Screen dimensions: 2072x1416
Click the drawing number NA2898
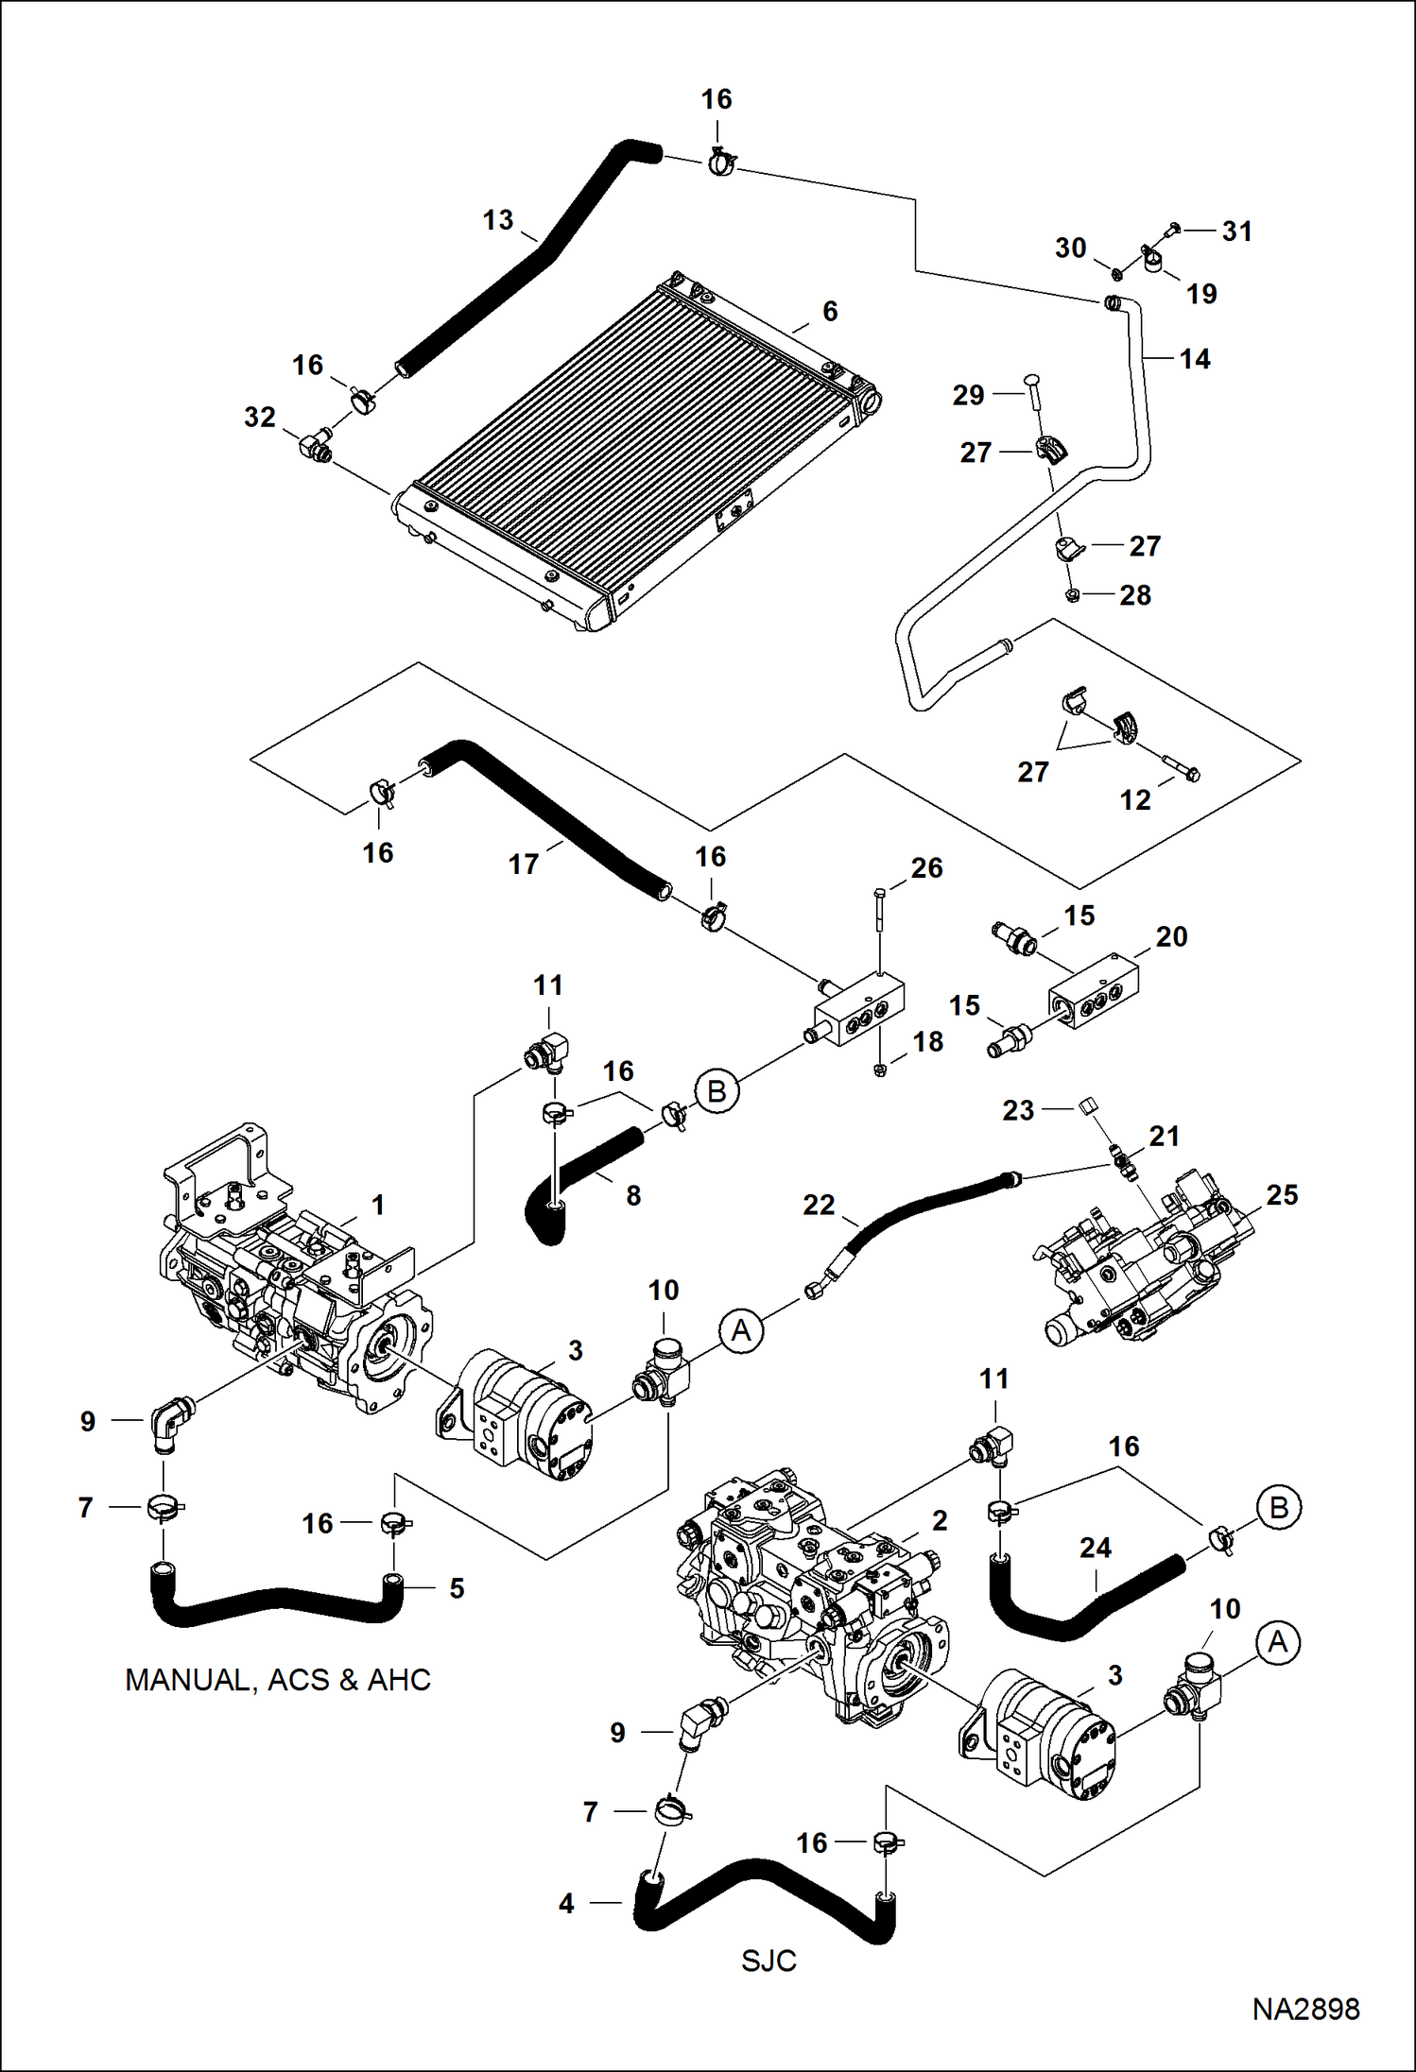point(1305,2009)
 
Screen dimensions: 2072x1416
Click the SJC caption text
point(768,1961)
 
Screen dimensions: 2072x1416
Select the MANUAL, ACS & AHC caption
point(278,1679)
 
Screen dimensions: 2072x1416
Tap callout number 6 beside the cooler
point(830,311)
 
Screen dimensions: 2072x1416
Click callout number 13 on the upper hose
point(498,220)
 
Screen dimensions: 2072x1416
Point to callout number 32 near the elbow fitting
point(260,417)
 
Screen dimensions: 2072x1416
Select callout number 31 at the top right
point(1236,231)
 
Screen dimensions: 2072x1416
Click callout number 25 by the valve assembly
point(1282,1194)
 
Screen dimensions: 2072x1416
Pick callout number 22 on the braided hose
point(819,1205)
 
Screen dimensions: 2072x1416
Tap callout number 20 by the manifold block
point(1171,936)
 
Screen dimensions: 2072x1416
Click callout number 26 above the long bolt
point(926,867)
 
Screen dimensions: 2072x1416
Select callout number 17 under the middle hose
point(523,864)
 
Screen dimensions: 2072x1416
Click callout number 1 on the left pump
point(378,1205)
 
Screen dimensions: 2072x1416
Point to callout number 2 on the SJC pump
point(939,1520)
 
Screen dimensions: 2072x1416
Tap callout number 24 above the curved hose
point(1096,1548)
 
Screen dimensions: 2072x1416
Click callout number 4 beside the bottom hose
point(566,1903)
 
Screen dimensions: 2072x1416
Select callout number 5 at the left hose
point(457,1588)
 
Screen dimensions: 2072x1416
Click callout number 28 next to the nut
point(1135,595)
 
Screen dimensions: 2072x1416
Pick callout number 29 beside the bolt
point(968,395)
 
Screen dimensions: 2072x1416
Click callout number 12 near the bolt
point(1135,800)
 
